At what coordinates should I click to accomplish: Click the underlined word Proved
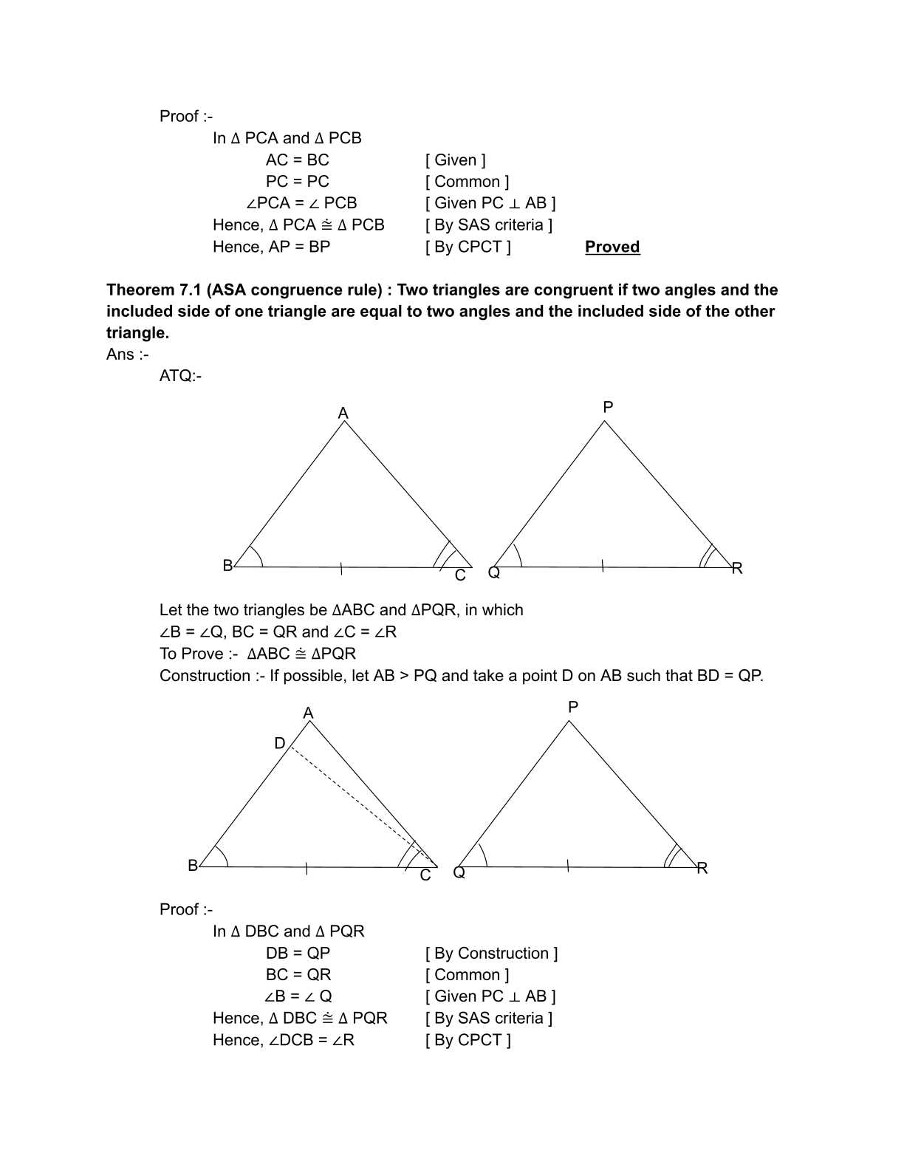612,247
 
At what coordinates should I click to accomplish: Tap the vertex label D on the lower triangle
280,743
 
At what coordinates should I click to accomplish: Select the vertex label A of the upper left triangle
343,414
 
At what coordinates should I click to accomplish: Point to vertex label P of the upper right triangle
608,407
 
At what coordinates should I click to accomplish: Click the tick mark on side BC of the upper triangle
340,568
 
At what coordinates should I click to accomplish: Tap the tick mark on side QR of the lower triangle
567,866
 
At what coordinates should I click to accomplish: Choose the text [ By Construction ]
491,953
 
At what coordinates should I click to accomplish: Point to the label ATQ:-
180,376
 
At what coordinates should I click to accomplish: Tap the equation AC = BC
297,160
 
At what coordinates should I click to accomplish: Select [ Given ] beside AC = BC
455,160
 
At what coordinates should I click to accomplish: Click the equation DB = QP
298,953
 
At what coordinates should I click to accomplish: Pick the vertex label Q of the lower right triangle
459,872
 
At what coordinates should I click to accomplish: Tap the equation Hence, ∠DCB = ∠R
284,1040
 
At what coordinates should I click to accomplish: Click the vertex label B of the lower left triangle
193,865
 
